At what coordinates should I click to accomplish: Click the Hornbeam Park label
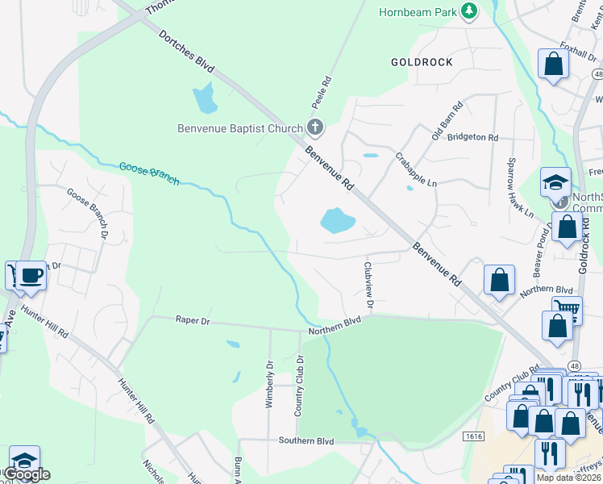pos(417,11)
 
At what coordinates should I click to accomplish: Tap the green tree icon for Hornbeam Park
pos(468,11)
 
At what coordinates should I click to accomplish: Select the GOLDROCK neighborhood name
pos(422,62)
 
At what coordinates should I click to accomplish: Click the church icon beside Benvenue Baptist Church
pos(314,127)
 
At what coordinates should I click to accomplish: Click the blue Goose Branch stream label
pos(148,172)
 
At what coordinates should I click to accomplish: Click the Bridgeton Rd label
pos(472,137)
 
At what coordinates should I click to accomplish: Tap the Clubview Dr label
pos(368,285)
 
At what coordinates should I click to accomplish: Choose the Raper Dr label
pos(193,320)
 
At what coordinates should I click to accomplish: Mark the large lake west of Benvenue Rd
pos(337,220)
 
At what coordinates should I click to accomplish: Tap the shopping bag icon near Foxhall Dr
pos(554,64)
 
